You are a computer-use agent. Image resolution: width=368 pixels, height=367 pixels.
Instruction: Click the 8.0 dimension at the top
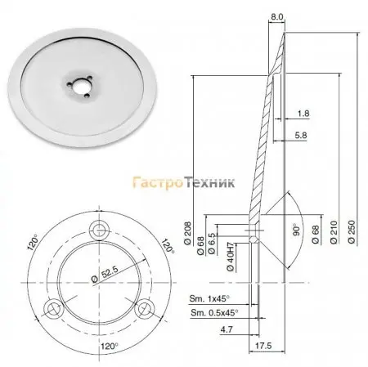coord(277,17)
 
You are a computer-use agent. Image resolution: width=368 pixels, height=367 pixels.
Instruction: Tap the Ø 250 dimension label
coord(352,231)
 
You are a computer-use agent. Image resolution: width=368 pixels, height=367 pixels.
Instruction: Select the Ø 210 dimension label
coord(334,232)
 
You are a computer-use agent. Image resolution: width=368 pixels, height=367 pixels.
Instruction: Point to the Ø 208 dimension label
coord(188,234)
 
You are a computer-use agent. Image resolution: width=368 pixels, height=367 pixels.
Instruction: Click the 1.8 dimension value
coord(303,114)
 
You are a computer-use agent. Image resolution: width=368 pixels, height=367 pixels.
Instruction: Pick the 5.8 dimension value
coord(301,135)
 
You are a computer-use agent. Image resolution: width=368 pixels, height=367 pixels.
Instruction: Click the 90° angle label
coord(296,230)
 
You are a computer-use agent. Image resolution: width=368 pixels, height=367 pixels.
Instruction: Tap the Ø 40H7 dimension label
coord(231,257)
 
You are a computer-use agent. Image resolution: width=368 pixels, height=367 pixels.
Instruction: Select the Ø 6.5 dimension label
coord(212,244)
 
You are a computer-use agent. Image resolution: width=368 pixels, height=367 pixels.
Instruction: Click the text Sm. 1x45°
coord(209,298)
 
